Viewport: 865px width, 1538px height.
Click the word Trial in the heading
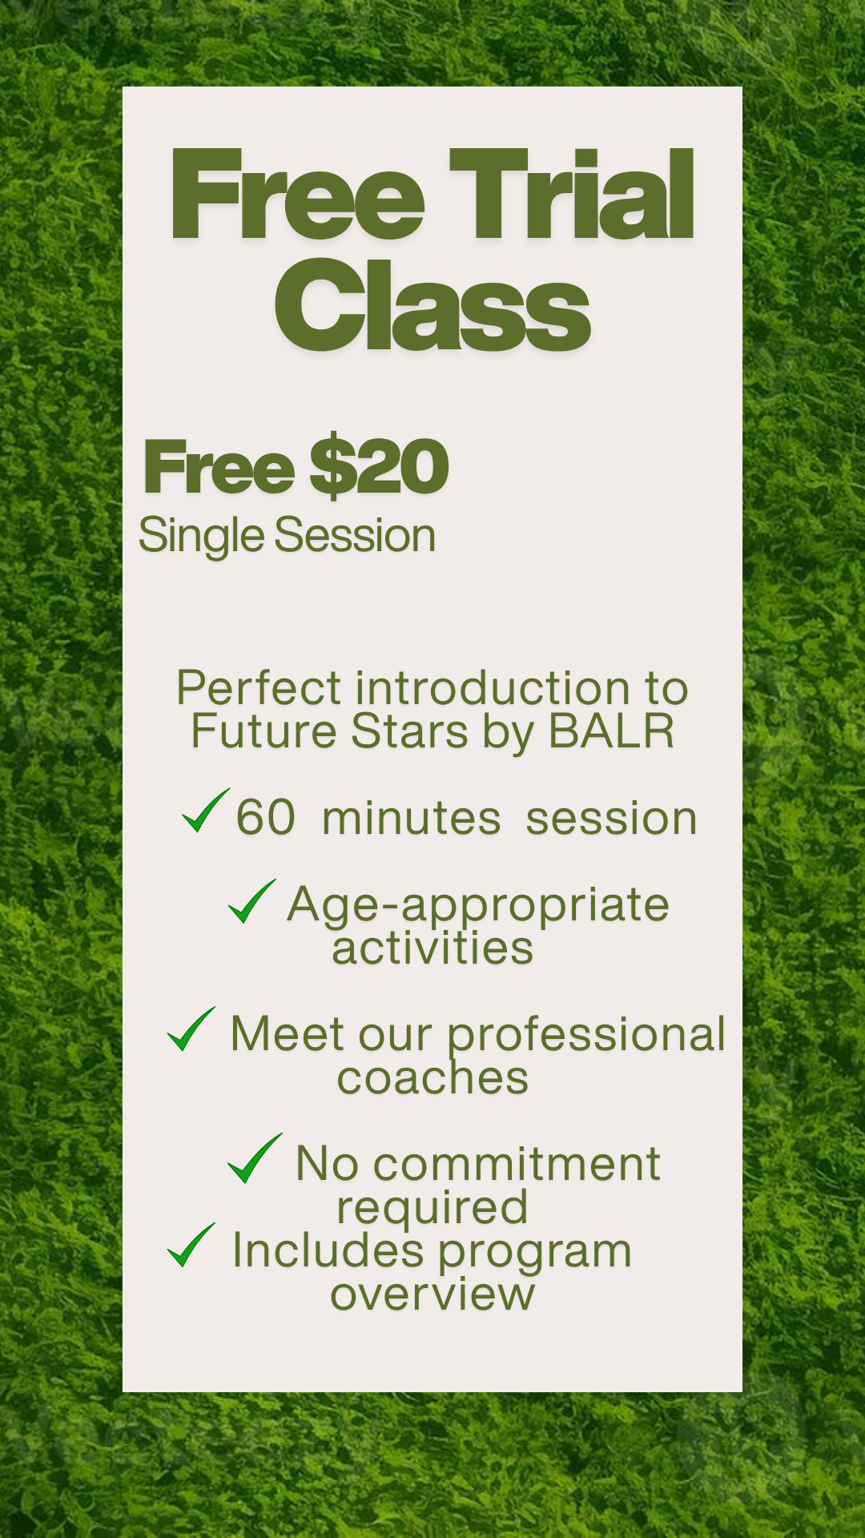572,195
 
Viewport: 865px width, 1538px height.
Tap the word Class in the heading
432,306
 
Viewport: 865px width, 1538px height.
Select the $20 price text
379,467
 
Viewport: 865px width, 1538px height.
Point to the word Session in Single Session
356,535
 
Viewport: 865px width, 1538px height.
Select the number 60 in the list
266,818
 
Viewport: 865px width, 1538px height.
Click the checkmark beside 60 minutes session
206,811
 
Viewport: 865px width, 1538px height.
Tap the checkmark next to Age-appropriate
251,901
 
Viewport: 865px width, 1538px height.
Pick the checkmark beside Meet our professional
191,1029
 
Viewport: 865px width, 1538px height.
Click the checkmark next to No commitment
255,1158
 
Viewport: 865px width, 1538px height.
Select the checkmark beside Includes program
191,1246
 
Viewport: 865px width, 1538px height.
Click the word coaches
432,1078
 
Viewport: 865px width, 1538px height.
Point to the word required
432,1209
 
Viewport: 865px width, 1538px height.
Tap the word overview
432,1294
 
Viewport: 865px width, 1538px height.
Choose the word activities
432,948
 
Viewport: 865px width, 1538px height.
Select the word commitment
517,1163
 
